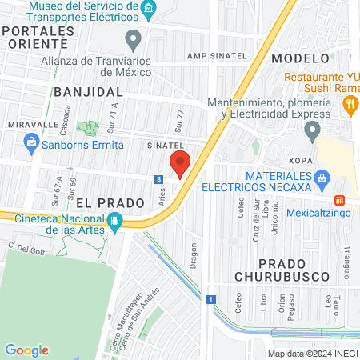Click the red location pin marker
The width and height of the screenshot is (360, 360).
180,163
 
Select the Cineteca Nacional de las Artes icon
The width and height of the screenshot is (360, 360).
115,222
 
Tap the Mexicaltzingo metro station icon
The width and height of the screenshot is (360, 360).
338,200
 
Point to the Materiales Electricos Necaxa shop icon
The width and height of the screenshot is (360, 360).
322,177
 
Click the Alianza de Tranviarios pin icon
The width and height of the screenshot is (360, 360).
134,38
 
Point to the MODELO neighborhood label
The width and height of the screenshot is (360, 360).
300,58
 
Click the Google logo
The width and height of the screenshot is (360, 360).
26,350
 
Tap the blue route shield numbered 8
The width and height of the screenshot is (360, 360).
160,179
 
